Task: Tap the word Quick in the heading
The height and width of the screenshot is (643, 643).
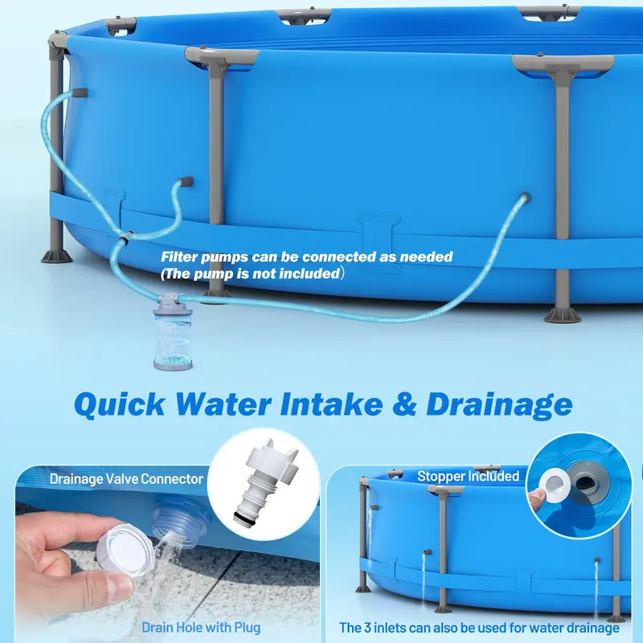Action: point(120,404)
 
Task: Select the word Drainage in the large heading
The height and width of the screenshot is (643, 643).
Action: point(499,405)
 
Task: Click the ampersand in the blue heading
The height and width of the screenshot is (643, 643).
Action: point(404,404)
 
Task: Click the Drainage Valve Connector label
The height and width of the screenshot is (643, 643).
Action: point(126,479)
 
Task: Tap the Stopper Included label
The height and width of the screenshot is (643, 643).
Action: point(468,476)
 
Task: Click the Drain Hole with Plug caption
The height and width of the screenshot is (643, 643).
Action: point(201,628)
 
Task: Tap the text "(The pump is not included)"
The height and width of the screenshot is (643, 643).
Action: point(251,273)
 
